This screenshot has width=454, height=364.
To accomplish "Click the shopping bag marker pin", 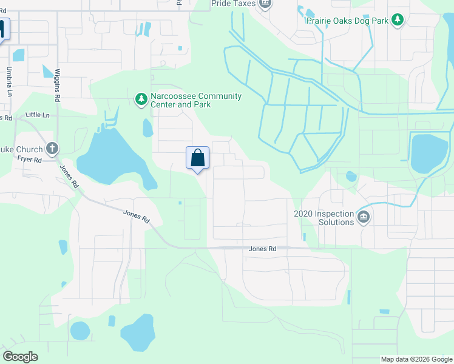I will point(197,159).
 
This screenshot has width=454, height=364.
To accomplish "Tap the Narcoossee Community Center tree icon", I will point(141,98).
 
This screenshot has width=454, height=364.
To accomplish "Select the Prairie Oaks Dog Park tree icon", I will point(398,20).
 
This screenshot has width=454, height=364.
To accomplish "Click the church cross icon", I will point(52,148).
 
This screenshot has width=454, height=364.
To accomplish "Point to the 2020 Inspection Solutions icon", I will point(364,217).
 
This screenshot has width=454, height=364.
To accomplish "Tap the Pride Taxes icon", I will point(265,4).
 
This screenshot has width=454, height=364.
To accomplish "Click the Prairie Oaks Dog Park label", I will point(348,20).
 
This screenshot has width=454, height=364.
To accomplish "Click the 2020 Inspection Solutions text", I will point(324,218).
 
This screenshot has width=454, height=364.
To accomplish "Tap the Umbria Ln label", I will point(10,82).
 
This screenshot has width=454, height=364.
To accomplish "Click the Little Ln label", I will point(38,115).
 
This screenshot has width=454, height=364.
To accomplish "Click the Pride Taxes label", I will point(234,4).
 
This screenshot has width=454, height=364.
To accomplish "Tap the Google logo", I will point(20,357).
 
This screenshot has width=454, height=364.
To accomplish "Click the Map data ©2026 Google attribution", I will point(416,359).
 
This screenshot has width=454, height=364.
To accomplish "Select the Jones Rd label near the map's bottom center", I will point(262,249).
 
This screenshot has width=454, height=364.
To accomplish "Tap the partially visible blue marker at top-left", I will point(3,29).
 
